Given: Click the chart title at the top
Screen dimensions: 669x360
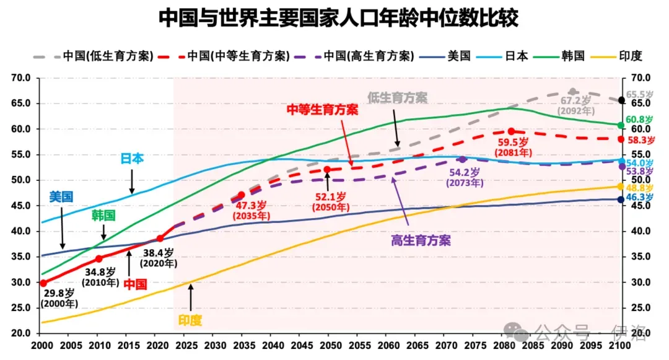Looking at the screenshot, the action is (338, 18).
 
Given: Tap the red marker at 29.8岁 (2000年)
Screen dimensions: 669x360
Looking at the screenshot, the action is (43, 283).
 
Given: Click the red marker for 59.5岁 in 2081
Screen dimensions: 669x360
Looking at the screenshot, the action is (511, 131).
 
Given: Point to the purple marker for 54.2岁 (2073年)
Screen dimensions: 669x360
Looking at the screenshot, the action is (463, 159).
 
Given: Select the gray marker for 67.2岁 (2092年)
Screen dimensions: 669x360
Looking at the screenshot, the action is (572, 92).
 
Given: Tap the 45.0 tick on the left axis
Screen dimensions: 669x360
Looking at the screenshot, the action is (21, 206).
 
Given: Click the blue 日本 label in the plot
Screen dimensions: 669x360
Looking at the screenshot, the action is (132, 159).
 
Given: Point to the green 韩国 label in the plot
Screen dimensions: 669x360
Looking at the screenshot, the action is (103, 216).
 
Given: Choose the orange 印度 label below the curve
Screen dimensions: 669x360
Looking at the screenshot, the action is (190, 320).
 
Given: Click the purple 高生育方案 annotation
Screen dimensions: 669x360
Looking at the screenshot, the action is (421, 240).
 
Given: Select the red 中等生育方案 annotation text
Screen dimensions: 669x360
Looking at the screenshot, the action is (323, 110).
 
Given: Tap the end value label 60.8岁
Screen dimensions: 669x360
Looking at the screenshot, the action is (639, 120).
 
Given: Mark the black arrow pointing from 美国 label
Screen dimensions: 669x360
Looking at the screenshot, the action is (63, 228).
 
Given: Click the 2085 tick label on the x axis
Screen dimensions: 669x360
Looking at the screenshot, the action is (533, 346).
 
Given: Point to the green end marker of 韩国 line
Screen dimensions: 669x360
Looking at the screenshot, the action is (621, 125).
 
